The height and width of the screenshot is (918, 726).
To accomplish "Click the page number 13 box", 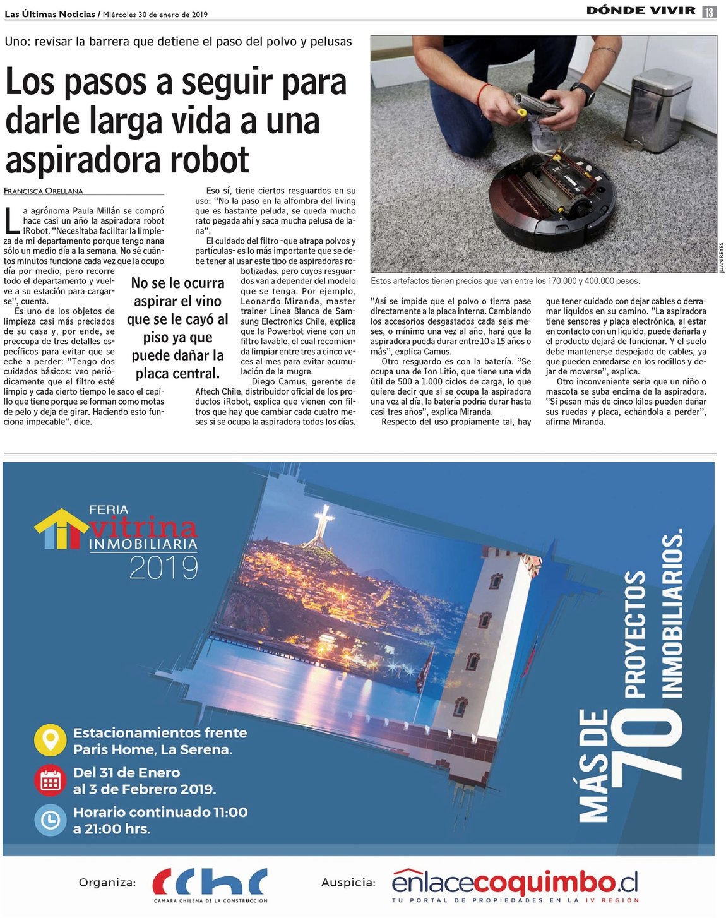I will (x=709, y=11).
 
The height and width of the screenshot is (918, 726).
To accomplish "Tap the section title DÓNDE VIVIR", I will (x=640, y=11).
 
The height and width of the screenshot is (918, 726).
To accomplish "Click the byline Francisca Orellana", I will (x=44, y=191).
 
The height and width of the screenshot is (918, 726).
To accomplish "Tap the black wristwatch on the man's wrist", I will (x=583, y=93).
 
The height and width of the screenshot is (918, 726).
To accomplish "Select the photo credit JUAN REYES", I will (x=722, y=258).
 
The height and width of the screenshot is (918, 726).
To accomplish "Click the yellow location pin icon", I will (x=51, y=740).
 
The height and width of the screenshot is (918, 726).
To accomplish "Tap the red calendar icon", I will (x=51, y=780).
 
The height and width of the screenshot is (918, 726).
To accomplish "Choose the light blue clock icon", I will (x=51, y=820).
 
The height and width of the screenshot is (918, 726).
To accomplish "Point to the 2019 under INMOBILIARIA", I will (x=164, y=568).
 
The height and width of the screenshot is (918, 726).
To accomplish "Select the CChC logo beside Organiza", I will (x=210, y=883).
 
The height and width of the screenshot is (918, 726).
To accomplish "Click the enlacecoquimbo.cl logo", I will (x=515, y=882).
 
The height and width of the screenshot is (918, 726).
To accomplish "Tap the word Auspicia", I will (x=348, y=883).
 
